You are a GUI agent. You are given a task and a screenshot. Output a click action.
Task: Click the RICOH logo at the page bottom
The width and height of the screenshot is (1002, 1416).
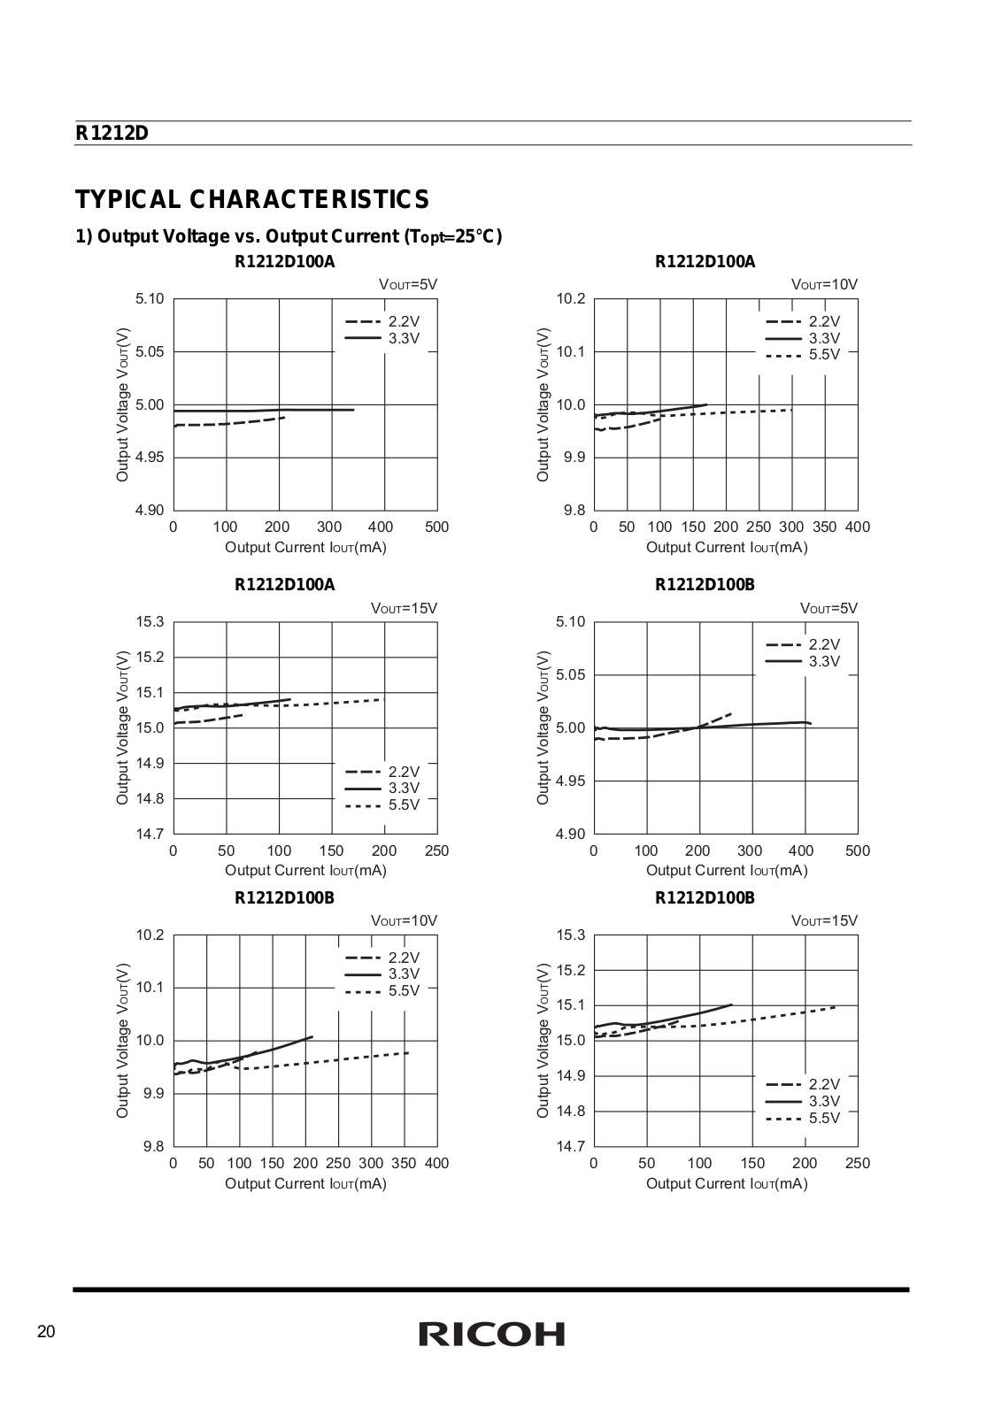[x=491, y=1334]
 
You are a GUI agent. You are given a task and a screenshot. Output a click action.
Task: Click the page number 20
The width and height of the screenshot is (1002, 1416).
[x=46, y=1332]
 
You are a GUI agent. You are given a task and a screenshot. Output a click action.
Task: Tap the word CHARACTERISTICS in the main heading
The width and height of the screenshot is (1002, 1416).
[x=309, y=200]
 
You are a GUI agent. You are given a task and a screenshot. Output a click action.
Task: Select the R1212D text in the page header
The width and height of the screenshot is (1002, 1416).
[x=112, y=134]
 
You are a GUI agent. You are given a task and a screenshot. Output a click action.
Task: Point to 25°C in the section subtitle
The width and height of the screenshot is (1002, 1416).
[x=478, y=236]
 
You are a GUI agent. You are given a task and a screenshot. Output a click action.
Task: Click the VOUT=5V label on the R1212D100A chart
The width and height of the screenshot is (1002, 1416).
[x=408, y=284]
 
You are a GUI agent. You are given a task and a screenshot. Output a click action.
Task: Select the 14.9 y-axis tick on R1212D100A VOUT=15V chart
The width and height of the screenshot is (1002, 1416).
[x=150, y=763]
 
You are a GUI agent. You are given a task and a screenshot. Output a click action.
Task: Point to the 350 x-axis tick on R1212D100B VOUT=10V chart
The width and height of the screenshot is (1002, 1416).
[x=404, y=1163]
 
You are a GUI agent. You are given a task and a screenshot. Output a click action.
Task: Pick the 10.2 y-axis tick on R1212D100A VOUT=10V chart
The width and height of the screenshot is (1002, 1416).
[x=571, y=298]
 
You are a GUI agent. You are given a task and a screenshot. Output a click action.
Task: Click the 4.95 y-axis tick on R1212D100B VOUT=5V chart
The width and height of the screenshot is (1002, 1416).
[x=570, y=781]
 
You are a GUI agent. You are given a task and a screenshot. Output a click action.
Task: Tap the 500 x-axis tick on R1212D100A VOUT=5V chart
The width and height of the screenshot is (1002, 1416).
[x=437, y=527]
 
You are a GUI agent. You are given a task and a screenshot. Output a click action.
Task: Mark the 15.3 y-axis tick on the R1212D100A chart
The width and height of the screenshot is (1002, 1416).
[x=150, y=622]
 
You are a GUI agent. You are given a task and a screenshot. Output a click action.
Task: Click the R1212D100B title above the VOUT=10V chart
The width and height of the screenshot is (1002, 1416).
[x=284, y=898]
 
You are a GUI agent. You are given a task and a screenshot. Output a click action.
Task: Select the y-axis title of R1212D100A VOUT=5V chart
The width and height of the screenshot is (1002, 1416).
[x=122, y=404]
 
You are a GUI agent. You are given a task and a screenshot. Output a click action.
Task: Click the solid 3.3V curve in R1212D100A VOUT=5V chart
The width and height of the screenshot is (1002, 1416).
[x=264, y=411]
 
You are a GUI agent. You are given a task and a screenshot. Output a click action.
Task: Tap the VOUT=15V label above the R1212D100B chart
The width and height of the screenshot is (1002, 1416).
[x=824, y=920]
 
